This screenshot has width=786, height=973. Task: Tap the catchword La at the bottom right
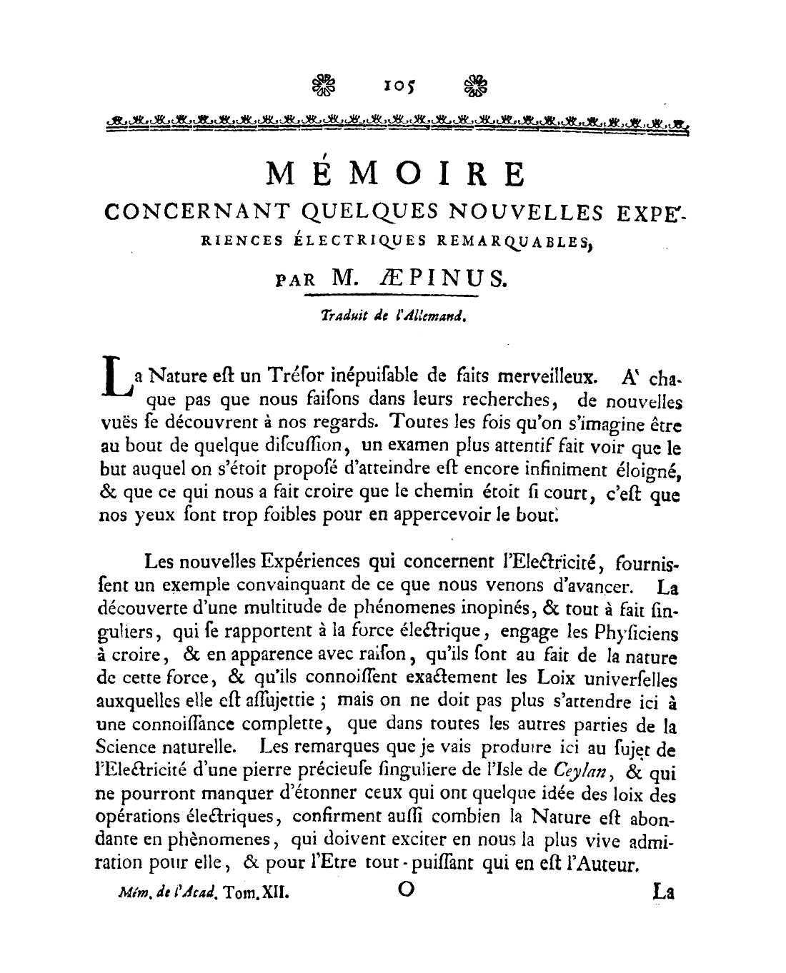click(665, 892)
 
